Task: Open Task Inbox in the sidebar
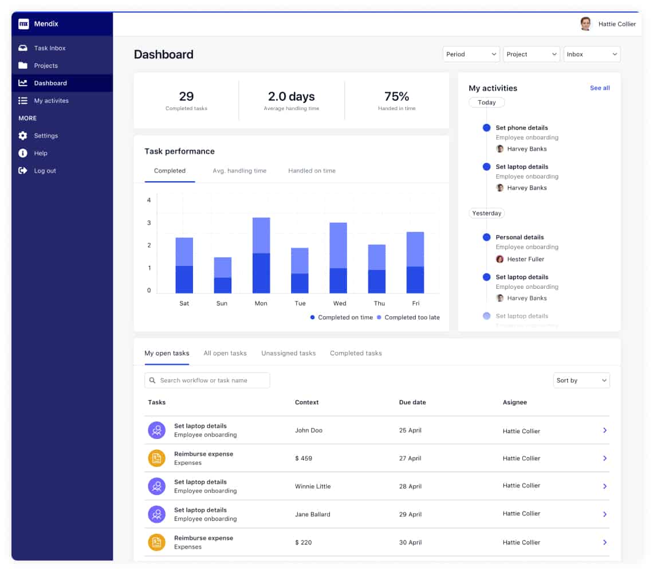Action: [x=50, y=48]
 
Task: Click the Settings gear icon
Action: [x=23, y=135]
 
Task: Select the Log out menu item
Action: [x=45, y=170]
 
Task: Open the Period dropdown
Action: [x=471, y=54]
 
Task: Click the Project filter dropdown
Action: [x=532, y=54]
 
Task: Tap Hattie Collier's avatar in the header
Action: [x=585, y=23]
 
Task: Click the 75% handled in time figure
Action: [x=396, y=96]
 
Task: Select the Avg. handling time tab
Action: [x=239, y=171]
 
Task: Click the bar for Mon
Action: [x=261, y=256]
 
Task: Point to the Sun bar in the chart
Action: [x=223, y=275]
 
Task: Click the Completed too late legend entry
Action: [x=408, y=318]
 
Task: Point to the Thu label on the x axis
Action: [x=379, y=303]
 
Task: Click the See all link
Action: [x=600, y=88]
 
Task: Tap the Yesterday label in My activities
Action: [x=486, y=213]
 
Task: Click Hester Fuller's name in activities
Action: [x=526, y=259]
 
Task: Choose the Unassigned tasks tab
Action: [x=289, y=353]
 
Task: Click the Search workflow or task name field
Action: [x=207, y=381]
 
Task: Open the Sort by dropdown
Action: [x=581, y=381]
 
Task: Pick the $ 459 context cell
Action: [x=304, y=459]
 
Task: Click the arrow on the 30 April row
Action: [x=605, y=542]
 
